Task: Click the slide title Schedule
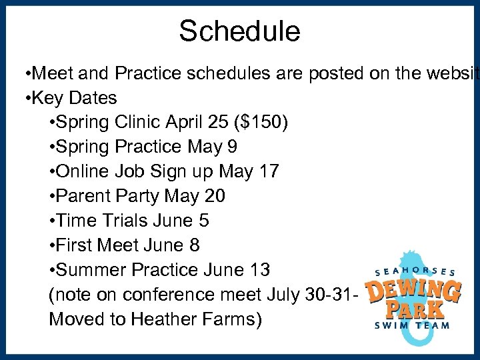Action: tap(239, 31)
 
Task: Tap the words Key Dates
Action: tap(73, 98)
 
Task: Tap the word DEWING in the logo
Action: tap(413, 292)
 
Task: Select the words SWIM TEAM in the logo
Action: tap(413, 326)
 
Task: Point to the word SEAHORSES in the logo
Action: tap(415, 272)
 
